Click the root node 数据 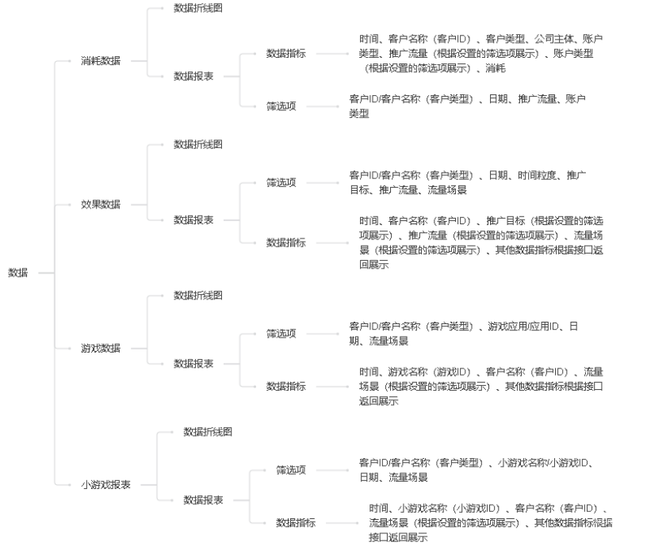(18, 273)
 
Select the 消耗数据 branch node (101, 60)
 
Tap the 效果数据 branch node (101, 204)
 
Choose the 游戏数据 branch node (101, 348)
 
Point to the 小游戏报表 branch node (105, 484)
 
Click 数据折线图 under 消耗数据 (198, 7)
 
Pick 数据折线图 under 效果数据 (198, 144)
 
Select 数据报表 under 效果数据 (193, 220)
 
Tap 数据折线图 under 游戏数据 (198, 295)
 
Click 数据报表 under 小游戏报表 (203, 500)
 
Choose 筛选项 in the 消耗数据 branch (281, 106)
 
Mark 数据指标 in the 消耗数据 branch (285, 53)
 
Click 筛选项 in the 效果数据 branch (281, 182)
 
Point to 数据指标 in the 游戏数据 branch (285, 386)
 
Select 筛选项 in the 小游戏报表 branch (291, 470)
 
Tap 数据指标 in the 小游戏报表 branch (296, 522)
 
